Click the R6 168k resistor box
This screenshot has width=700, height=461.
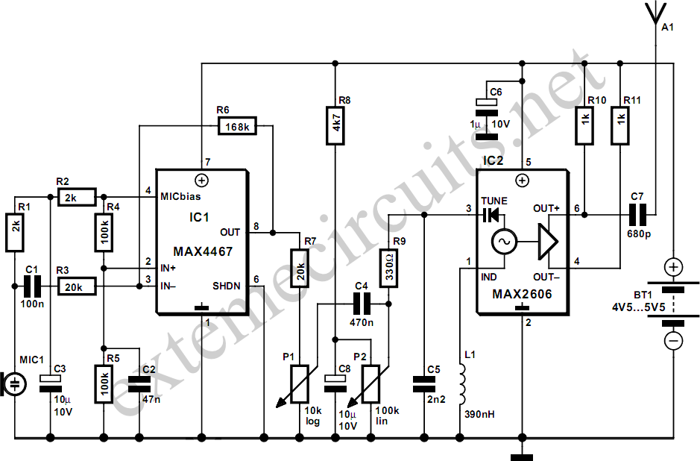pyautogui.click(x=237, y=127)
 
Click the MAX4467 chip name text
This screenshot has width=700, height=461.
pyautogui.click(x=202, y=252)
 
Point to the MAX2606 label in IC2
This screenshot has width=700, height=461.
pyautogui.click(x=522, y=295)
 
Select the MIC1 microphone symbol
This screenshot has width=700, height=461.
pyautogui.click(x=14, y=383)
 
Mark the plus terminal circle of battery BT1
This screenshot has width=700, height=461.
pyautogui.click(x=673, y=267)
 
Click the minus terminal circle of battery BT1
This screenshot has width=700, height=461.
pyautogui.click(x=673, y=342)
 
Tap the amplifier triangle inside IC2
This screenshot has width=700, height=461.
pyautogui.click(x=547, y=242)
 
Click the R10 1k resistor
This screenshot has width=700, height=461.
pyautogui.click(x=584, y=127)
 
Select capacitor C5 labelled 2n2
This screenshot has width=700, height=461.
pyautogui.click(x=423, y=383)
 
